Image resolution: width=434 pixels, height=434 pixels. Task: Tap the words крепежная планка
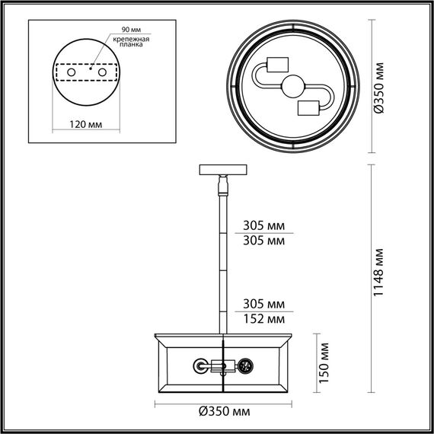point(127,42)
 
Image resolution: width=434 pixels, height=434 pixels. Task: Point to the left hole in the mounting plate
point(72,72)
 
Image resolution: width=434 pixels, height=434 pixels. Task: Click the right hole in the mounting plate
point(100,72)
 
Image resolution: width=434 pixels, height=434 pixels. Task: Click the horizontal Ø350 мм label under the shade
point(225,412)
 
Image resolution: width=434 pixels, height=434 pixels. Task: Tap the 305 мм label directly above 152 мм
point(263,304)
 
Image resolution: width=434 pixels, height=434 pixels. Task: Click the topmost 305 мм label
point(263,226)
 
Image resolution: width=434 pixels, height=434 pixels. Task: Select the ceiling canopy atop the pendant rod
point(222,169)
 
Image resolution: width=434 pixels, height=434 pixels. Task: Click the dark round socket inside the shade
point(246,366)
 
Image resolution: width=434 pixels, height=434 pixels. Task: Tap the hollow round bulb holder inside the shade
point(201,366)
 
